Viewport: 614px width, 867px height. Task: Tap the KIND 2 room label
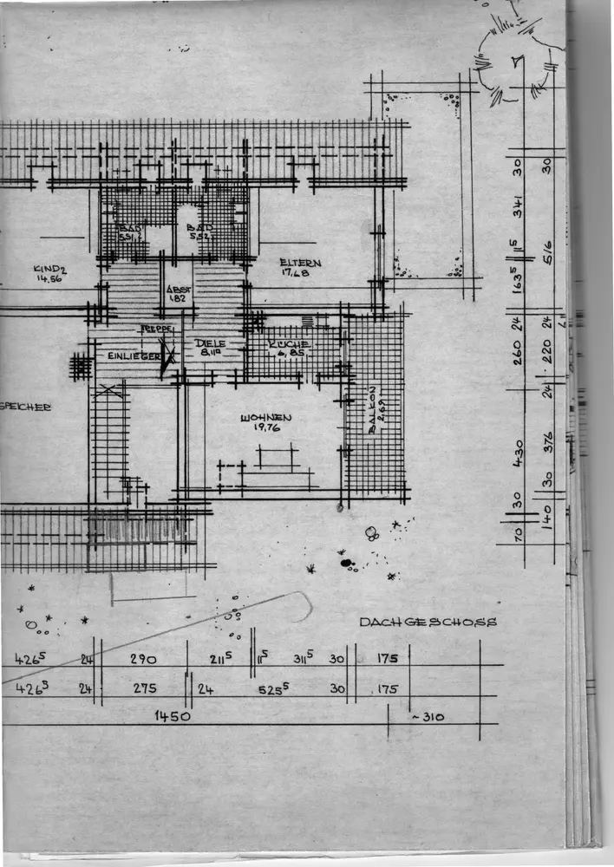coord(50,269)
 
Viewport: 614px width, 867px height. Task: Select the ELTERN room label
coord(300,263)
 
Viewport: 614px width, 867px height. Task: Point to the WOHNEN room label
coord(265,418)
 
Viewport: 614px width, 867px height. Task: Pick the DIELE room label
coord(210,343)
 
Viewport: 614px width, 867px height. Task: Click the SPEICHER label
coord(26,406)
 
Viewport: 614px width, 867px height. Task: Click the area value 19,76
coord(265,427)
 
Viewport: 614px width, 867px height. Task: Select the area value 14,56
coord(49,279)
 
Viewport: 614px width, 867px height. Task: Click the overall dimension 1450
coord(173,716)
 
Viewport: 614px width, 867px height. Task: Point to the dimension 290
coord(143,659)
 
